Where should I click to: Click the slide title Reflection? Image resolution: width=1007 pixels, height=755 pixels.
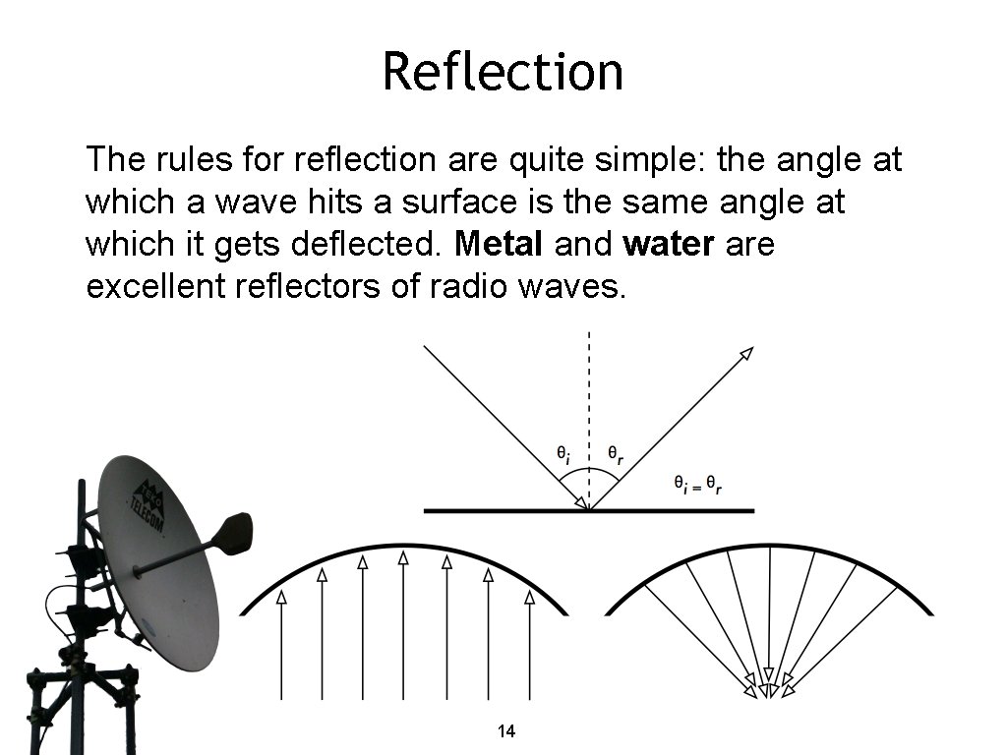click(503, 71)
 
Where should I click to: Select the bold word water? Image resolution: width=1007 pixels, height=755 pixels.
click(668, 244)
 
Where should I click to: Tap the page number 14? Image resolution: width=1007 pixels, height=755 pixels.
click(506, 731)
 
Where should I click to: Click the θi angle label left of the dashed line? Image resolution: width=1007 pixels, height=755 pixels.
click(562, 454)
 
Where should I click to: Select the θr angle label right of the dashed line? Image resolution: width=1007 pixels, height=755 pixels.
click(615, 454)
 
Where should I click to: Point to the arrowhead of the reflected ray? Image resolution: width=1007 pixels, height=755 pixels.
click(746, 353)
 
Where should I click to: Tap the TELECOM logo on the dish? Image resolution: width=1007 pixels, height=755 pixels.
click(148, 506)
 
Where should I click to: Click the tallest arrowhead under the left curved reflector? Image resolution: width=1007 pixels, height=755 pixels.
click(403, 557)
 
